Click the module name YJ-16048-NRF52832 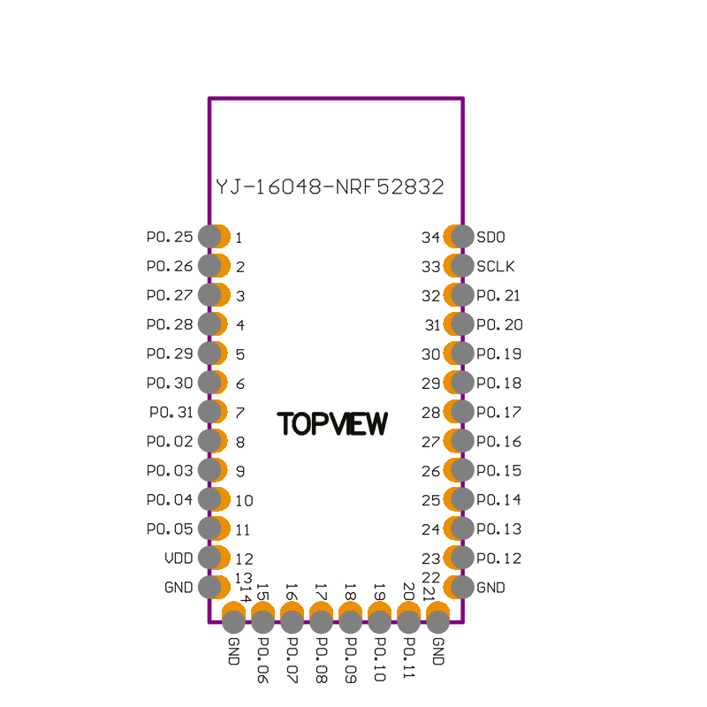click(330, 187)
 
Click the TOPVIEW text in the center click(332, 424)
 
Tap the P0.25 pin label click(170, 237)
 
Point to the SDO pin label click(491, 237)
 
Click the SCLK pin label click(496, 266)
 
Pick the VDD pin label click(179, 559)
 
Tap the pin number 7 click(239, 413)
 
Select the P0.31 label click(171, 412)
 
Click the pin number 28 click(430, 413)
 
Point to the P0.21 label click(499, 295)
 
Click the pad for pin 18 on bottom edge click(350, 620)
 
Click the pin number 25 click(430, 500)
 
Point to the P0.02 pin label click(170, 442)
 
